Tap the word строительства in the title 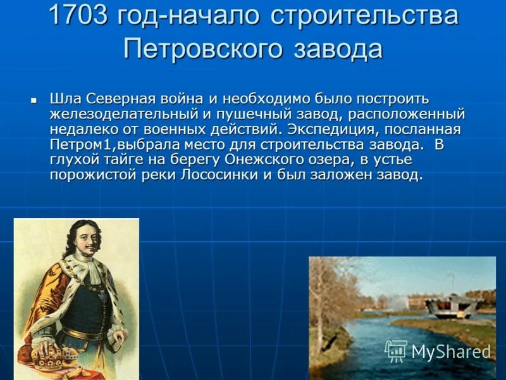364,16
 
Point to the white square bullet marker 34,99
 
